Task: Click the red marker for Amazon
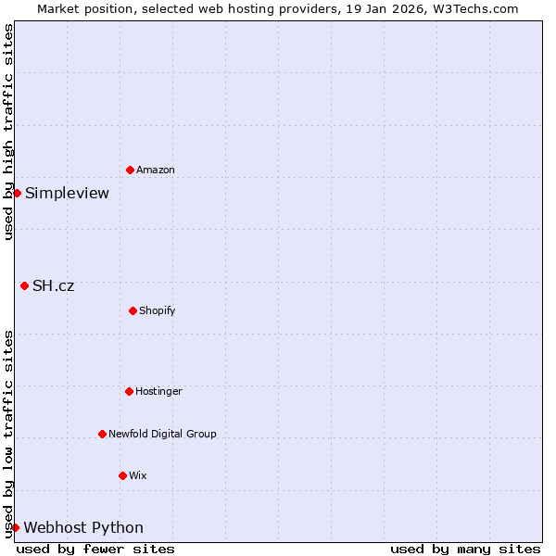pyautogui.click(x=130, y=170)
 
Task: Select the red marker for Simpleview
pyautogui.click(x=17, y=193)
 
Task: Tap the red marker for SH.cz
pyautogui.click(x=24, y=285)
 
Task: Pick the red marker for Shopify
pyautogui.click(x=133, y=310)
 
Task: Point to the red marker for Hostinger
pyautogui.click(x=129, y=391)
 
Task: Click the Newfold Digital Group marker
pyautogui.click(x=102, y=434)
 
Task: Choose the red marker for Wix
pyautogui.click(x=122, y=475)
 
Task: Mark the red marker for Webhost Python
pyautogui.click(x=15, y=527)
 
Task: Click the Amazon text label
pyautogui.click(x=156, y=170)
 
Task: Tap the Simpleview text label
pyautogui.click(x=67, y=193)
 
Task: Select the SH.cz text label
pyautogui.click(x=53, y=285)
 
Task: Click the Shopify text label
pyautogui.click(x=158, y=310)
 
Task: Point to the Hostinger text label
pyautogui.click(x=158, y=391)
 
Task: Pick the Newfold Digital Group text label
pyautogui.click(x=162, y=434)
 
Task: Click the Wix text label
pyautogui.click(x=138, y=475)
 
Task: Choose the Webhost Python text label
pyautogui.click(x=83, y=527)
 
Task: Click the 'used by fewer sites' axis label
pyautogui.click(x=95, y=549)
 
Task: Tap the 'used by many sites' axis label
pyautogui.click(x=465, y=549)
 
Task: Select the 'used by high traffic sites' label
pyautogui.click(x=8, y=132)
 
